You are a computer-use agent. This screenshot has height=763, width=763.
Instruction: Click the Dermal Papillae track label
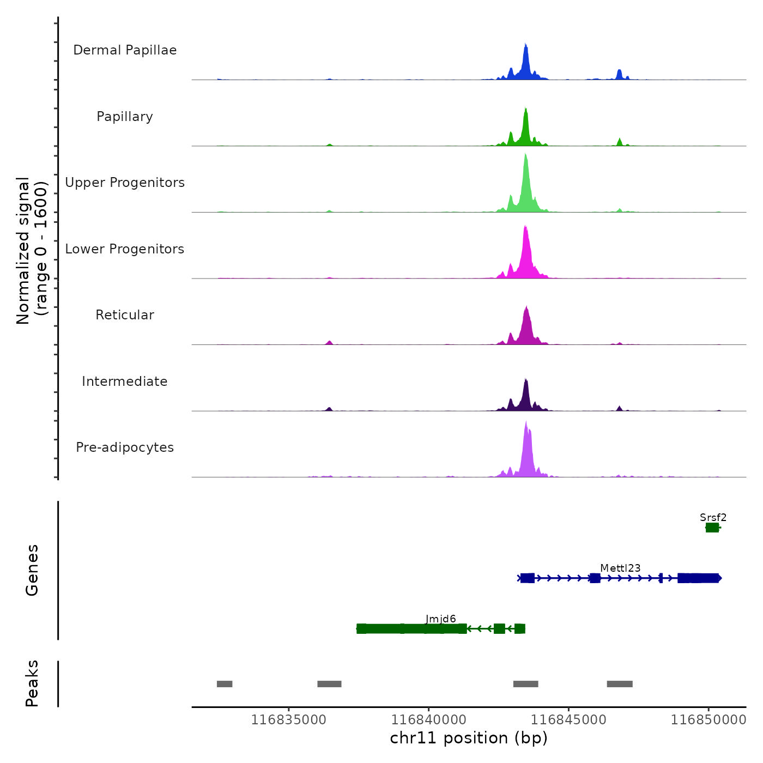pos(125,50)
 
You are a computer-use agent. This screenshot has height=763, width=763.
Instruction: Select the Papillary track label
pos(125,117)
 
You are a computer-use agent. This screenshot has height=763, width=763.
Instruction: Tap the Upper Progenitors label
pos(125,183)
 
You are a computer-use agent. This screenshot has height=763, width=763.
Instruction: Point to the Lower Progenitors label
pos(125,249)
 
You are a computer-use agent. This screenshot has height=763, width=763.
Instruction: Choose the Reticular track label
pos(125,315)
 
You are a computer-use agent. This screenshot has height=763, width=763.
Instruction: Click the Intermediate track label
pos(125,381)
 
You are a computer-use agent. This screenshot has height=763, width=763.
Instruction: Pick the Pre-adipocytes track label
pos(125,447)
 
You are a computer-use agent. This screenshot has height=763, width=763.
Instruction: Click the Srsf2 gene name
pos(713,518)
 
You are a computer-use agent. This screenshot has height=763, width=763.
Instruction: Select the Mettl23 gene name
pos(620,568)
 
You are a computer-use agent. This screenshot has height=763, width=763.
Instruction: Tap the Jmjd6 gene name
pos(440,619)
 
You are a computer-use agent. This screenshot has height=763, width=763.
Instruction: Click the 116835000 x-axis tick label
pos(288,720)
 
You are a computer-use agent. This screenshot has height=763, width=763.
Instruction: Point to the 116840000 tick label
pos(428,720)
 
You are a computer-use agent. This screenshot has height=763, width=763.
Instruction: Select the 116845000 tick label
pos(568,720)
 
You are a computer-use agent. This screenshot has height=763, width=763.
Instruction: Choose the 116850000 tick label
pos(708,720)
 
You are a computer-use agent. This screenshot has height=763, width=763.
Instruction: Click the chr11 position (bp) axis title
pos(469,738)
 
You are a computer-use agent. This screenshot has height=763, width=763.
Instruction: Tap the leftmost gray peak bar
pos(225,684)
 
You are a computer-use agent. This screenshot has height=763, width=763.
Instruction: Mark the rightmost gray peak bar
pos(620,684)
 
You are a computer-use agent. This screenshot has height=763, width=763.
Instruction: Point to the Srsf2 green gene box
pos(712,528)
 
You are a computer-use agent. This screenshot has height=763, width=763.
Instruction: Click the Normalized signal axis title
pos(32,251)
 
